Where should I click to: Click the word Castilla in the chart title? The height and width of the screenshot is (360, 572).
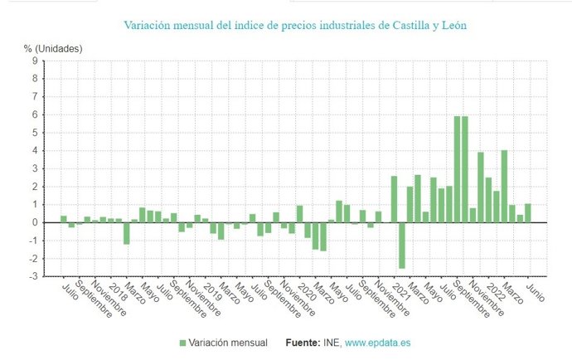405,26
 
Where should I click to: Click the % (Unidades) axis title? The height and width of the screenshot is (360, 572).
53,48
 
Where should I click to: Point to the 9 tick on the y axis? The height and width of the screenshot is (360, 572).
34,61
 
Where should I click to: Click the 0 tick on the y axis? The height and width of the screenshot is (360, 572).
34,222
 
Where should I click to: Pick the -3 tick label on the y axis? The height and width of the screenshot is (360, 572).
32,276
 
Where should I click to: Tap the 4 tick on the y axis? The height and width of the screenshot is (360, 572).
34,150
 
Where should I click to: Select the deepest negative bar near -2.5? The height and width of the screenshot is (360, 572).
402,246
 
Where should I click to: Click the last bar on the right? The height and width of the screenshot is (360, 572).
527,213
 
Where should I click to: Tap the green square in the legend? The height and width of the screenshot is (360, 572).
182,342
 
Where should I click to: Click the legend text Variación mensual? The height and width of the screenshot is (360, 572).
227,342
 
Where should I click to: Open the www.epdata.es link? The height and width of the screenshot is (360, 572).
377,342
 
